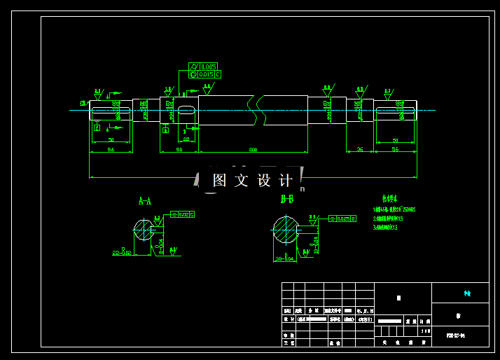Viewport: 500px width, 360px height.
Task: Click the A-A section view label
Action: pyautogui.click(x=145, y=201)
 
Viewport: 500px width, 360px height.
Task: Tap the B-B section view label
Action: pyautogui.click(x=287, y=200)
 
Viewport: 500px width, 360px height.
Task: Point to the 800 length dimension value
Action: pyautogui.click(x=253, y=149)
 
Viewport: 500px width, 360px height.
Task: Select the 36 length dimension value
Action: pyautogui.click(x=360, y=149)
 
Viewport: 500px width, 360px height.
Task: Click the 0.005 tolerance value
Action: pyautogui.click(x=207, y=67)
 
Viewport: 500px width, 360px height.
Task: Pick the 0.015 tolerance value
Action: pyautogui.click(x=206, y=74)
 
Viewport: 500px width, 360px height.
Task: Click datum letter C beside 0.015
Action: pyautogui.click(x=218, y=74)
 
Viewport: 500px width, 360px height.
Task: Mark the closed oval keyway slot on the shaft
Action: pyautogui.click(x=186, y=109)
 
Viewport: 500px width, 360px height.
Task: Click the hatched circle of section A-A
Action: pyautogui.click(x=144, y=230)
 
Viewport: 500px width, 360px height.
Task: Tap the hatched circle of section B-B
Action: pyautogui.click(x=286, y=230)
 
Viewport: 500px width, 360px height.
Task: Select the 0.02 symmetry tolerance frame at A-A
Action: pyautogui.click(x=183, y=214)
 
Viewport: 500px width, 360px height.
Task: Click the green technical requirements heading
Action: pyautogui.click(x=389, y=199)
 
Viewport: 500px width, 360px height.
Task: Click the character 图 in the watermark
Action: pyautogui.click(x=219, y=181)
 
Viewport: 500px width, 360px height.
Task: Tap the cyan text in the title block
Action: pyautogui.click(x=467, y=294)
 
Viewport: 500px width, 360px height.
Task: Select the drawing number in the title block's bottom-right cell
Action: pyautogui.click(x=456, y=336)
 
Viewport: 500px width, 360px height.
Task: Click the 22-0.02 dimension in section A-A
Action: pyautogui.click(x=122, y=252)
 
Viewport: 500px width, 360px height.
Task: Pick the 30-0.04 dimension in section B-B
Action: pyautogui.click(x=285, y=258)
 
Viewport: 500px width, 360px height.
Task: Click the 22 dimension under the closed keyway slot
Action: pyautogui.click(x=186, y=140)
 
